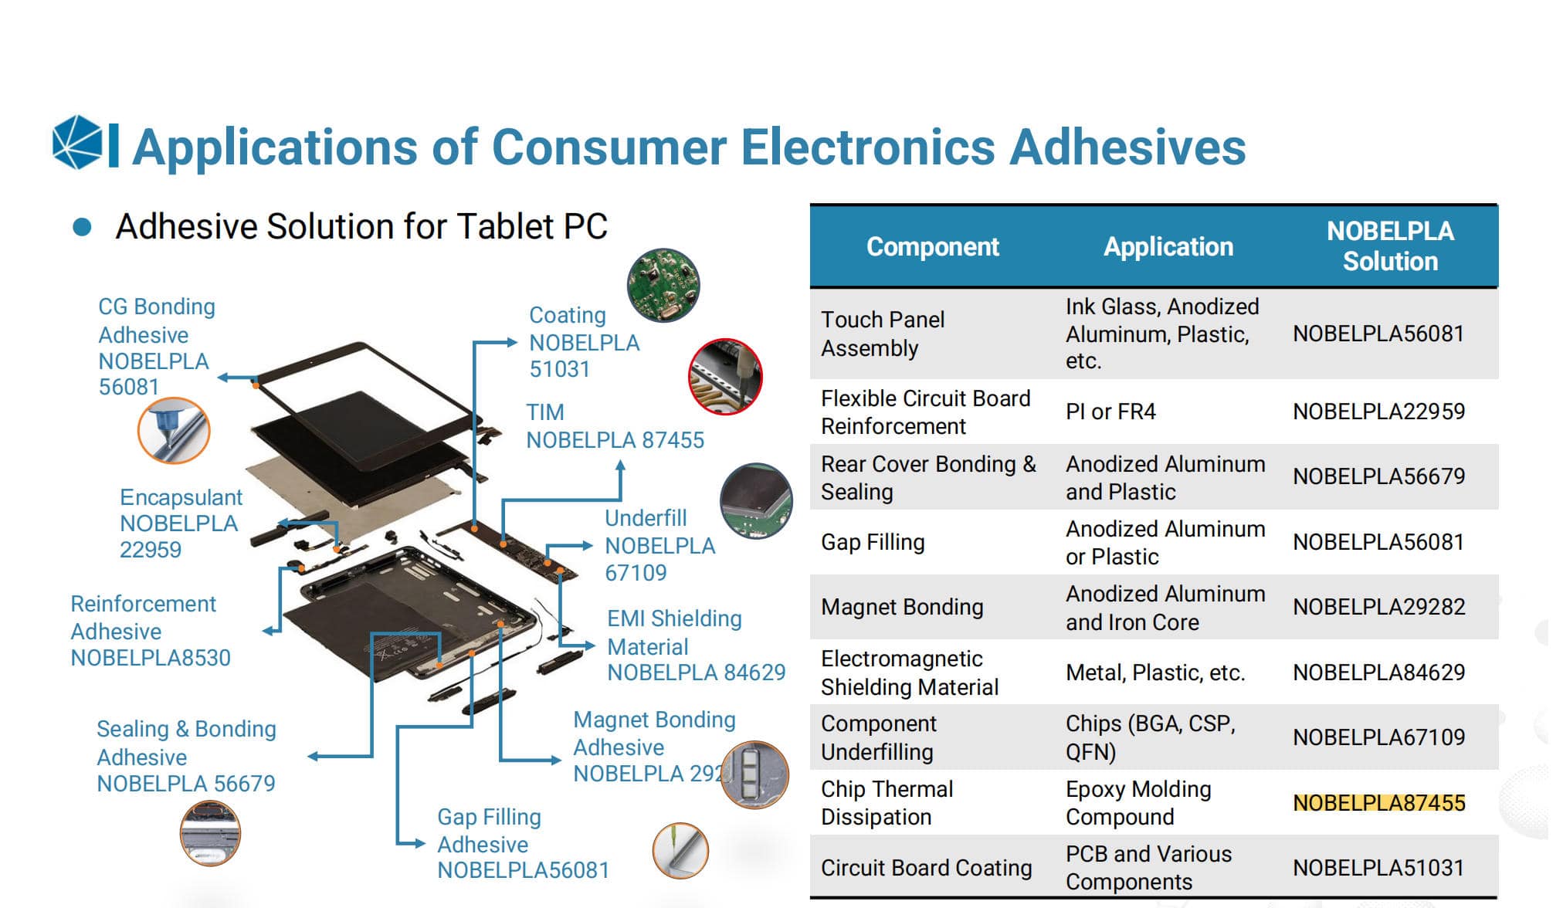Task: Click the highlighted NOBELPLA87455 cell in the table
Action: (x=1378, y=803)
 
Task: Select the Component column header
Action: (x=932, y=246)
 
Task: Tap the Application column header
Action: (x=1168, y=246)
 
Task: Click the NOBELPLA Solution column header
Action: (x=1389, y=246)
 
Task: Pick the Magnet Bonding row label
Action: (x=902, y=607)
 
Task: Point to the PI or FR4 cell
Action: (x=1110, y=412)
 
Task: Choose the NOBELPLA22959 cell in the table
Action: (x=1378, y=412)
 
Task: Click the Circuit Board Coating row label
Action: (x=926, y=868)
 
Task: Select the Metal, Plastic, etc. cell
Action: (x=1155, y=673)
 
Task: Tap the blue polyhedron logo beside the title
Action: (x=77, y=142)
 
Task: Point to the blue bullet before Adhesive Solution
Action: (x=82, y=227)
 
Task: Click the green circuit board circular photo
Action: (x=663, y=285)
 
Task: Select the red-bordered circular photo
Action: (x=725, y=377)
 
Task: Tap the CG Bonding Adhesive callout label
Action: (x=156, y=347)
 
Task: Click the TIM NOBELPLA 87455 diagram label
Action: (x=615, y=426)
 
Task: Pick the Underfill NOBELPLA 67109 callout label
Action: (x=659, y=545)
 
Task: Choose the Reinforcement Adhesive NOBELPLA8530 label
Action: (x=150, y=631)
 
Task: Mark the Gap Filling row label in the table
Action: (x=873, y=542)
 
